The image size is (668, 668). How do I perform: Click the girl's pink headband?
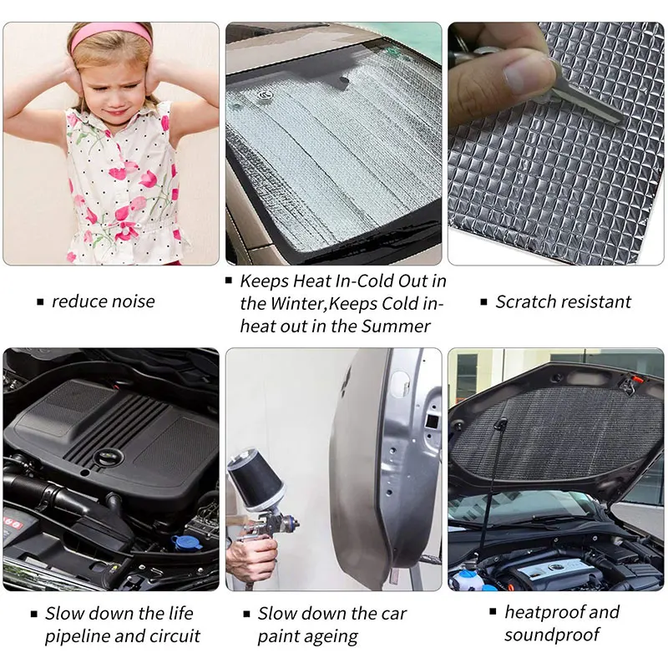point(111,33)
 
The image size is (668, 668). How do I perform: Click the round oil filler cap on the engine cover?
point(108,458)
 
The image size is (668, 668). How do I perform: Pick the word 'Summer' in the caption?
point(396,326)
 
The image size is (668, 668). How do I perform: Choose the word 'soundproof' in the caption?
point(552,635)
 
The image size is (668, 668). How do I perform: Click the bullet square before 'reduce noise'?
point(40,302)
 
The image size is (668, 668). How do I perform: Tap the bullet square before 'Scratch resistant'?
point(483,302)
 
